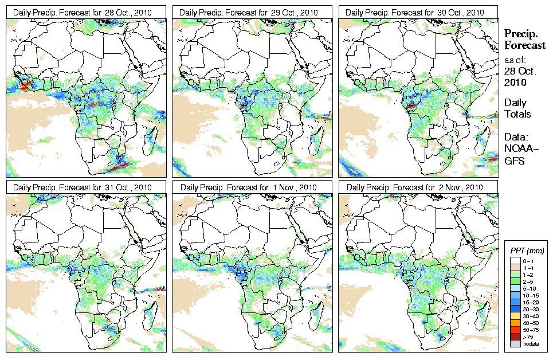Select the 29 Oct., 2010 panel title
pyautogui.click(x=249, y=13)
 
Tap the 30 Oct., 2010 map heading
pyautogui.click(x=415, y=13)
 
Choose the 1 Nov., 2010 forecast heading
pyautogui.click(x=249, y=187)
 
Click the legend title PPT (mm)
pyautogui.click(x=527, y=251)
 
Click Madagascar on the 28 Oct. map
pyautogui.click(x=152, y=138)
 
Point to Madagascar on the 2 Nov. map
pyautogui.click(x=484, y=313)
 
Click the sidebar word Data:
pyautogui.click(x=516, y=137)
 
